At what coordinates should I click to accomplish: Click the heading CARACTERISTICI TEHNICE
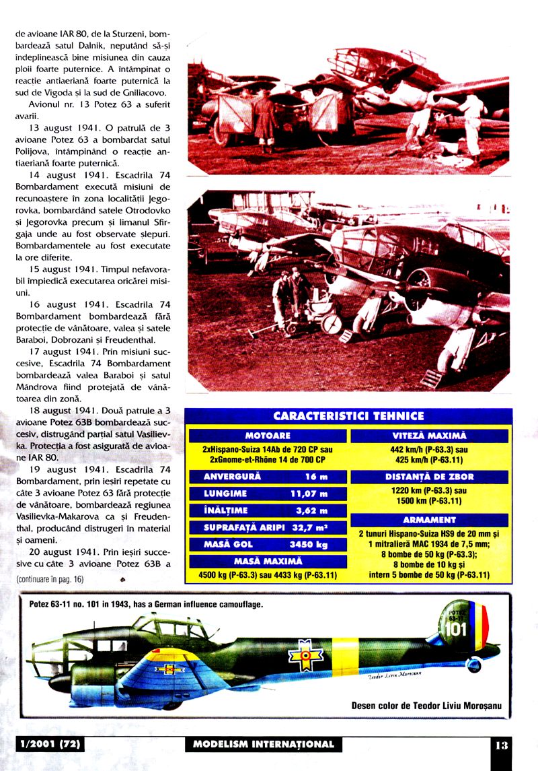(348, 415)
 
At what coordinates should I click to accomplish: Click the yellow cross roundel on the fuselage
(305, 653)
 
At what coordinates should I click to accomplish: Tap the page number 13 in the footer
(502, 745)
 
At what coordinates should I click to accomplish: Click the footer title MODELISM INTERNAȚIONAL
(263, 744)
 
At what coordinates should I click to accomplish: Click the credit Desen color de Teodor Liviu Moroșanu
(426, 706)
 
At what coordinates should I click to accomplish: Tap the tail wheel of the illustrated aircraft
(474, 665)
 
